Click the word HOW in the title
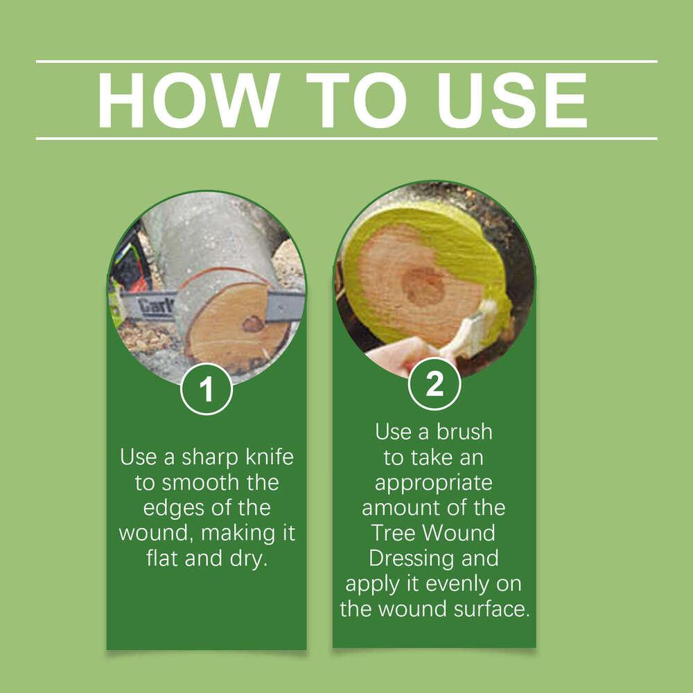pos(189,100)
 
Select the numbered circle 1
pos(206,390)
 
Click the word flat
pos(163,559)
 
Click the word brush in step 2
pos(464,432)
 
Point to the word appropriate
pos(434,482)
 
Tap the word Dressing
pos(404,558)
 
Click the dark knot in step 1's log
pos(253,324)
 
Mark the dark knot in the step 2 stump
pos(423,286)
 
